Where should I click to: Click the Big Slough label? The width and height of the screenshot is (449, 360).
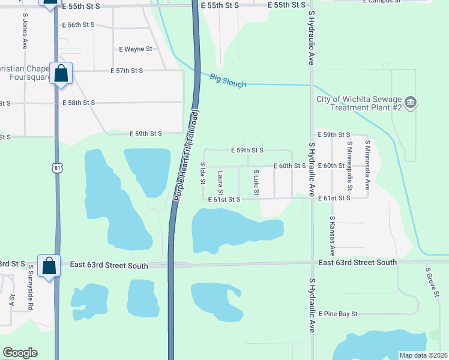228,80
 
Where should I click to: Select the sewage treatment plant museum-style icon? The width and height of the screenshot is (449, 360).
411,102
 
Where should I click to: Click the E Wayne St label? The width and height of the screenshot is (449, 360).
135,49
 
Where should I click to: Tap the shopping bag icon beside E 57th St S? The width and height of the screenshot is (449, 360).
61,74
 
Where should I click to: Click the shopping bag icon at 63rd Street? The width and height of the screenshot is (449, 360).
49,265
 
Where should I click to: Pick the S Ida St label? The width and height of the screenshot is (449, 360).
203,173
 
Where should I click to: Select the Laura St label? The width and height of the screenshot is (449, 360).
221,182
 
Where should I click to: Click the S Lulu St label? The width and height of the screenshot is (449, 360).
256,181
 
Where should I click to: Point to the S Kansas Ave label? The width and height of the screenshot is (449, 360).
331,236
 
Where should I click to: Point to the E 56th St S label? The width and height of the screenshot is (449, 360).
78,25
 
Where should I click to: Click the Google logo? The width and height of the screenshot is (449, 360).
20,353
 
